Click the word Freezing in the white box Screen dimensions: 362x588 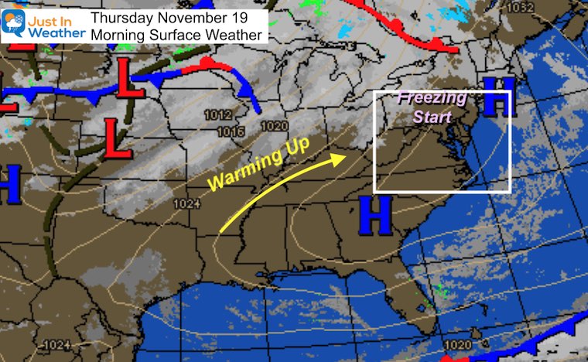click(x=432, y=99)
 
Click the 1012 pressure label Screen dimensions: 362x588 click(x=219, y=115)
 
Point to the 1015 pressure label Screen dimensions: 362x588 click(x=231, y=131)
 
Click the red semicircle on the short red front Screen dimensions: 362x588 click(x=207, y=62)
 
